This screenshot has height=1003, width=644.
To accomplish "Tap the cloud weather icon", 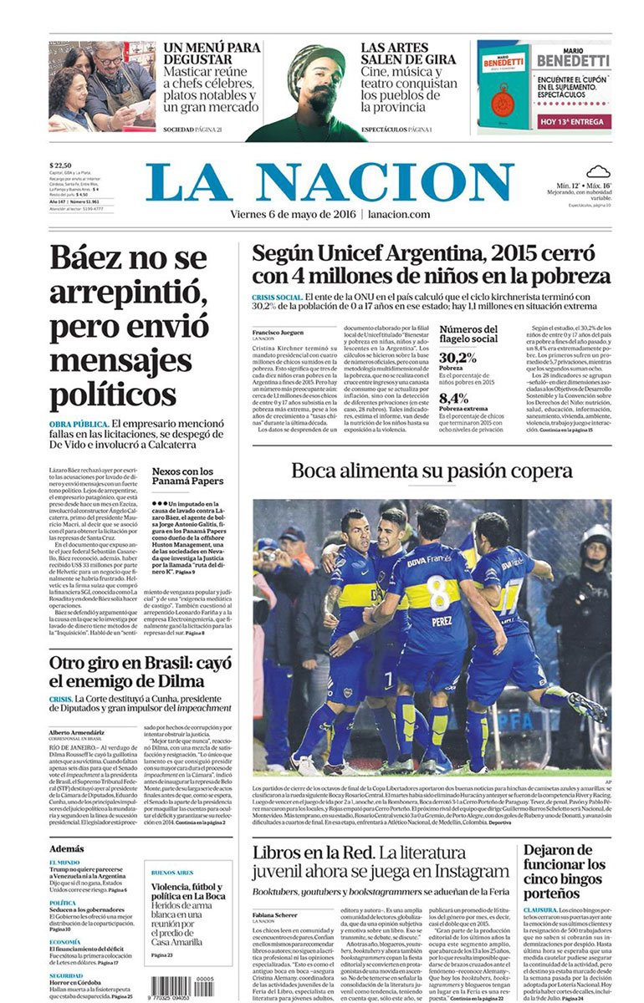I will point(596,172).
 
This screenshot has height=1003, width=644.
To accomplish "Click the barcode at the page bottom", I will point(180,985).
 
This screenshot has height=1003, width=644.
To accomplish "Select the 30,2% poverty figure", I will point(457,358).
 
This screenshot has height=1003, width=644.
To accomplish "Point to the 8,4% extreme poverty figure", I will point(454,398).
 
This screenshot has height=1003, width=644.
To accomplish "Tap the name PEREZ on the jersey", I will point(442,622).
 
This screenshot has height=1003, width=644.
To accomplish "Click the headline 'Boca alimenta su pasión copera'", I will point(432,471).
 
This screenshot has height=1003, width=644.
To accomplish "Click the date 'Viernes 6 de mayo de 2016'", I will point(294,215).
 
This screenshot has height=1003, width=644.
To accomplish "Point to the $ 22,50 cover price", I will point(61,165).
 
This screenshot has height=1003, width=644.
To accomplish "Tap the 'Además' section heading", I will point(66,848).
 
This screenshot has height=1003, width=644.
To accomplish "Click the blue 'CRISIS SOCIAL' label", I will point(276,297).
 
